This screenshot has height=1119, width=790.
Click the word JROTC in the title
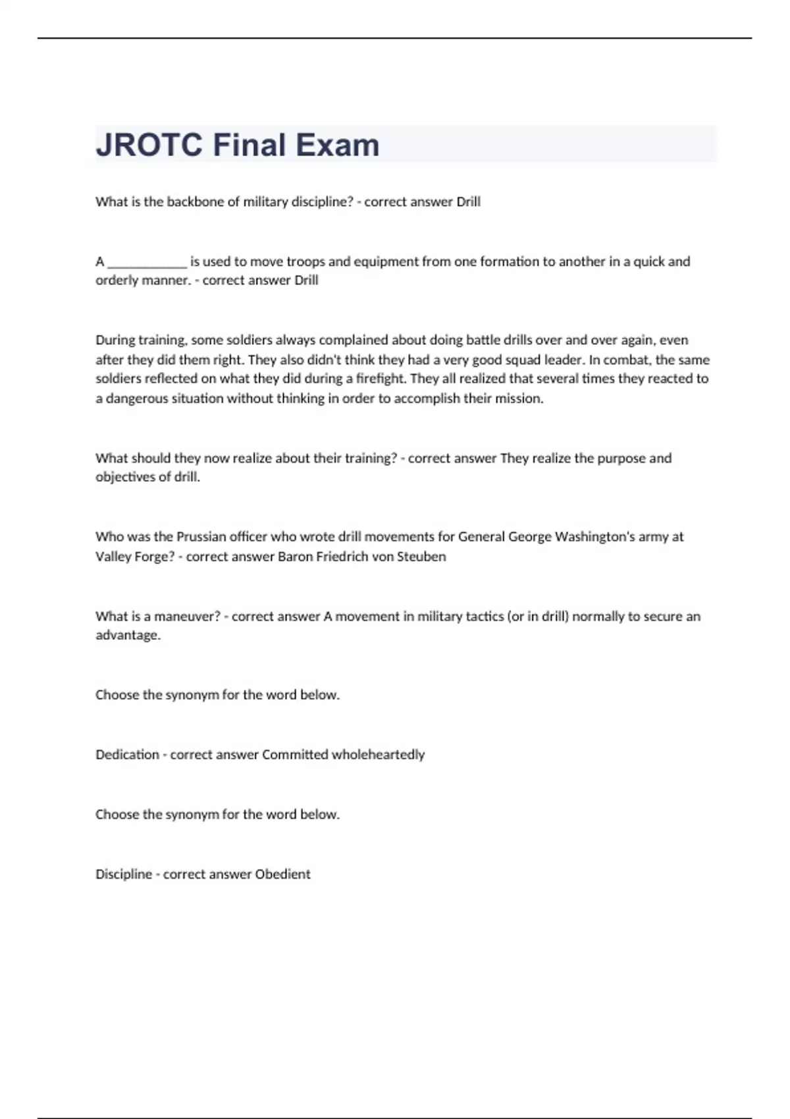pyautogui.click(x=149, y=145)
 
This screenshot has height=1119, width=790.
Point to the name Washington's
pyautogui.click(x=594, y=536)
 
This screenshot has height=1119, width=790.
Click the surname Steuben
pyautogui.click(x=421, y=556)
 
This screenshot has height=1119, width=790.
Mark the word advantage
pyautogui.click(x=128, y=635)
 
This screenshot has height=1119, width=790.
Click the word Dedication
pyautogui.click(x=127, y=754)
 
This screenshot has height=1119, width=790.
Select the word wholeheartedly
pyautogui.click(x=378, y=754)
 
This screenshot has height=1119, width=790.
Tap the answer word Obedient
pyautogui.click(x=282, y=874)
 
